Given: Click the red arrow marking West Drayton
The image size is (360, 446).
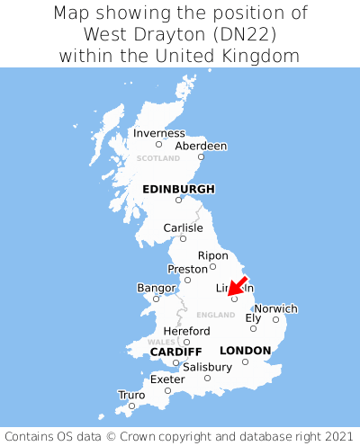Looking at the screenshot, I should (237, 286).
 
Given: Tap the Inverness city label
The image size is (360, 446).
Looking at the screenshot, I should (158, 133).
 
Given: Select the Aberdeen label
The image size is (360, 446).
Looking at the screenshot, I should (201, 146).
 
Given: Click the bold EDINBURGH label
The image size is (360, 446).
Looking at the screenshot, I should (178, 189).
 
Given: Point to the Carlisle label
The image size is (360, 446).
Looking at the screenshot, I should (183, 227).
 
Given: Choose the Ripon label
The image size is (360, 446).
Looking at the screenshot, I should (212, 255).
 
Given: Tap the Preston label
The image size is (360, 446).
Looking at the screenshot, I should (188, 269).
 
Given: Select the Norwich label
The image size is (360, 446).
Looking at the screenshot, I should (275, 308).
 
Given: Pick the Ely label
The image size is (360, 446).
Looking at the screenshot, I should (253, 317).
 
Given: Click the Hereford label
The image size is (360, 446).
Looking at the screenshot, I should (186, 331).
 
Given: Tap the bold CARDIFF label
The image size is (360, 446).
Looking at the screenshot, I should (175, 351).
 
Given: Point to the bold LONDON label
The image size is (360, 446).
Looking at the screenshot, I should (245, 350).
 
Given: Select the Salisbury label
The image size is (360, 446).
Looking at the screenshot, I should (207, 367).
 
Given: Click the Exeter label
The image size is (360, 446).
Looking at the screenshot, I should (167, 379).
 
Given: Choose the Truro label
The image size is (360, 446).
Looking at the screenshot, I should (131, 395).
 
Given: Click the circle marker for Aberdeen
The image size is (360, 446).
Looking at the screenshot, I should (201, 156).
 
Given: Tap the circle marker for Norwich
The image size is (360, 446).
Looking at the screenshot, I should (275, 319).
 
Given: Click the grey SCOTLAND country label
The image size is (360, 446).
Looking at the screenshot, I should (158, 158).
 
